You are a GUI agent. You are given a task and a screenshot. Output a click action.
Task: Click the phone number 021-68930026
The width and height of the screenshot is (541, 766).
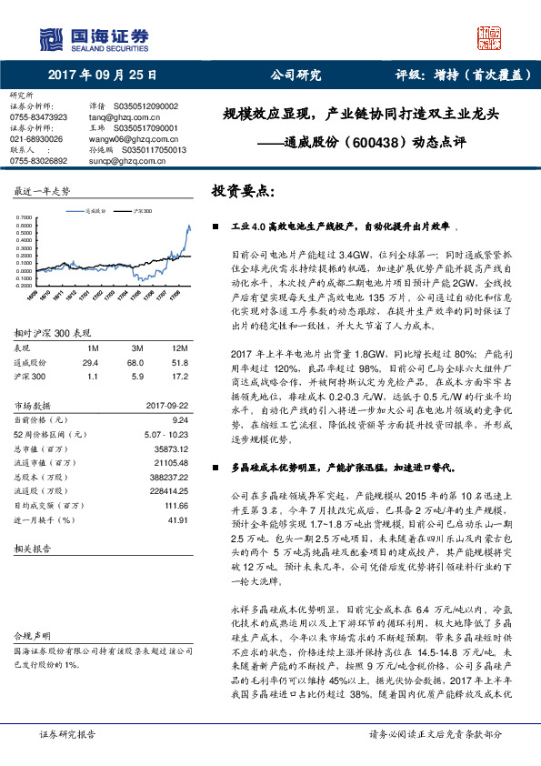37,139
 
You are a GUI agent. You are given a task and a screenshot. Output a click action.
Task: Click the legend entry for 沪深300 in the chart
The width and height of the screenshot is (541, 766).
136,209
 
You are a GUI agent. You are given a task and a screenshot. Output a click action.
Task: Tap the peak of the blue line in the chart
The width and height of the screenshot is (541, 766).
189,225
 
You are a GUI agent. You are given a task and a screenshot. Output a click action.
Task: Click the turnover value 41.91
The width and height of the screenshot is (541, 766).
175,519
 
